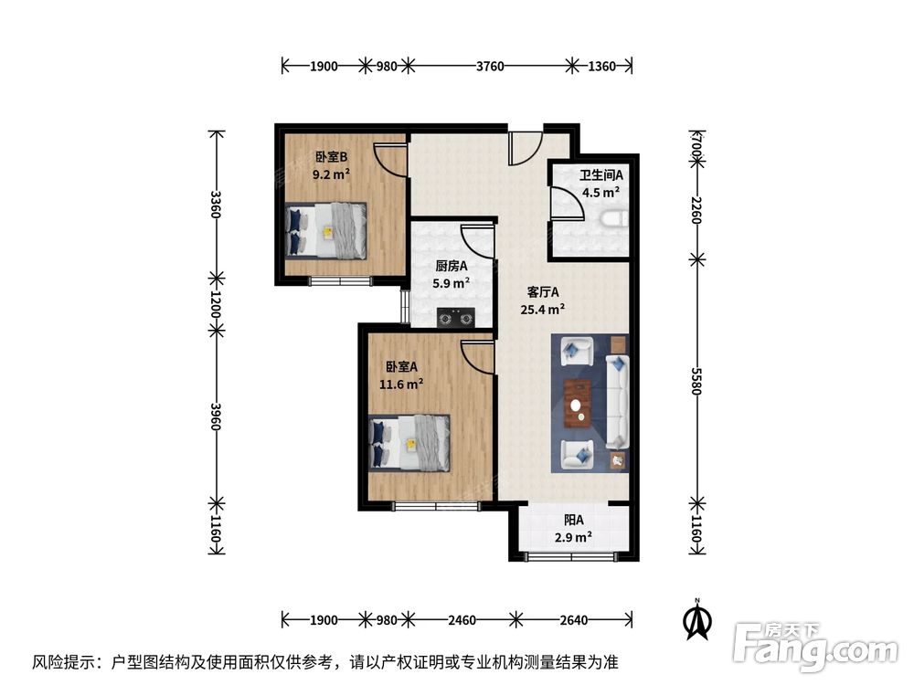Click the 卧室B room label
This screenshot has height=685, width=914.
point(331,156)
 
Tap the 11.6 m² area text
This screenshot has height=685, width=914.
point(401,385)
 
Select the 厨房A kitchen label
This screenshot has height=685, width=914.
point(451,267)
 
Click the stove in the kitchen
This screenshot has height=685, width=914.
point(456,318)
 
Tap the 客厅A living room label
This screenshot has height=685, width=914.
point(542,293)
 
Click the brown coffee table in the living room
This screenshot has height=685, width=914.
point(578,402)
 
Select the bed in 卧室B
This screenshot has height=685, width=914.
point(326,229)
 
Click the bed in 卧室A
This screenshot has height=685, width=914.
point(409,443)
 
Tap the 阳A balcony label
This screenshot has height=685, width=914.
point(573,520)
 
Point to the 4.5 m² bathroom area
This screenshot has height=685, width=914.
point(600,192)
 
